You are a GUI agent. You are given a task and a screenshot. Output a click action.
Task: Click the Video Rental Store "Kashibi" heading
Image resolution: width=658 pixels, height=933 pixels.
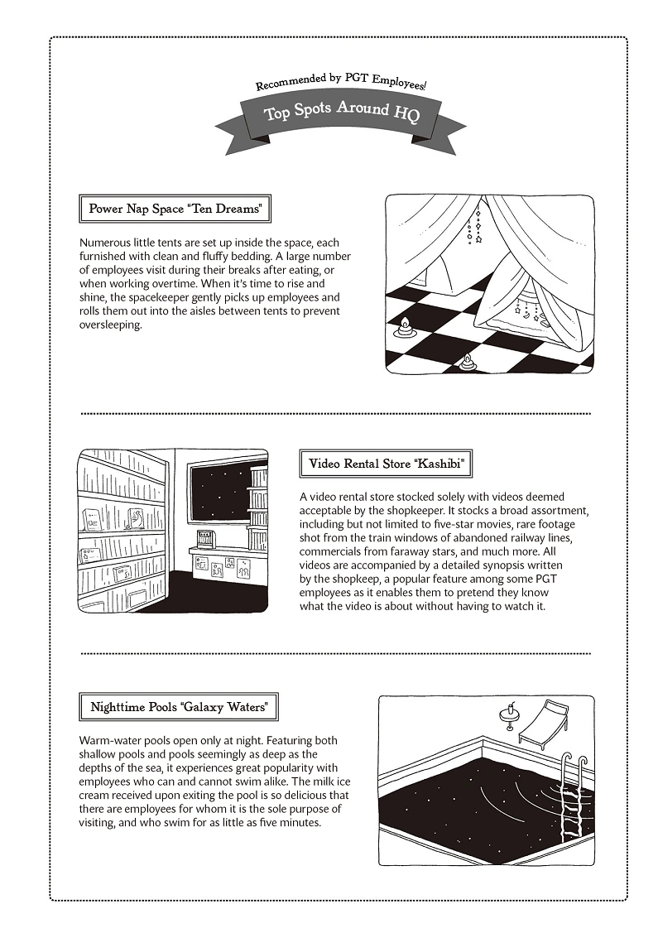(x=385, y=464)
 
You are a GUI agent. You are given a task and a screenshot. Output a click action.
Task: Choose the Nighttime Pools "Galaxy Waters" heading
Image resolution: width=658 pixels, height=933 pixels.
(x=179, y=707)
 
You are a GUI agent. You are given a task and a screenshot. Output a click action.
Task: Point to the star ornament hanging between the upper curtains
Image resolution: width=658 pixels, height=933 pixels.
(x=478, y=238)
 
